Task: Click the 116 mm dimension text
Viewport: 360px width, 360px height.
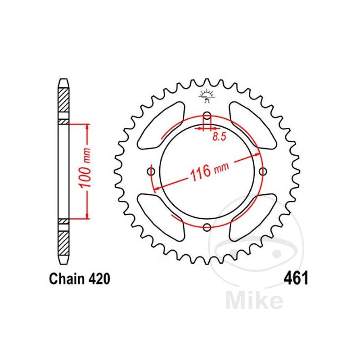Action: (x=207, y=171)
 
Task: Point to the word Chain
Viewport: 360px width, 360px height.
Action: (x=63, y=279)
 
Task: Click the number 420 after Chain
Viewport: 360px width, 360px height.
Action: (x=98, y=279)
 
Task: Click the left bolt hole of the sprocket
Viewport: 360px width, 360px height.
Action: (x=151, y=171)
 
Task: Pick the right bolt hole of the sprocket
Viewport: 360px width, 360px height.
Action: (x=263, y=171)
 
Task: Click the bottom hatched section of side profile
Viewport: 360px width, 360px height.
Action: (x=63, y=243)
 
